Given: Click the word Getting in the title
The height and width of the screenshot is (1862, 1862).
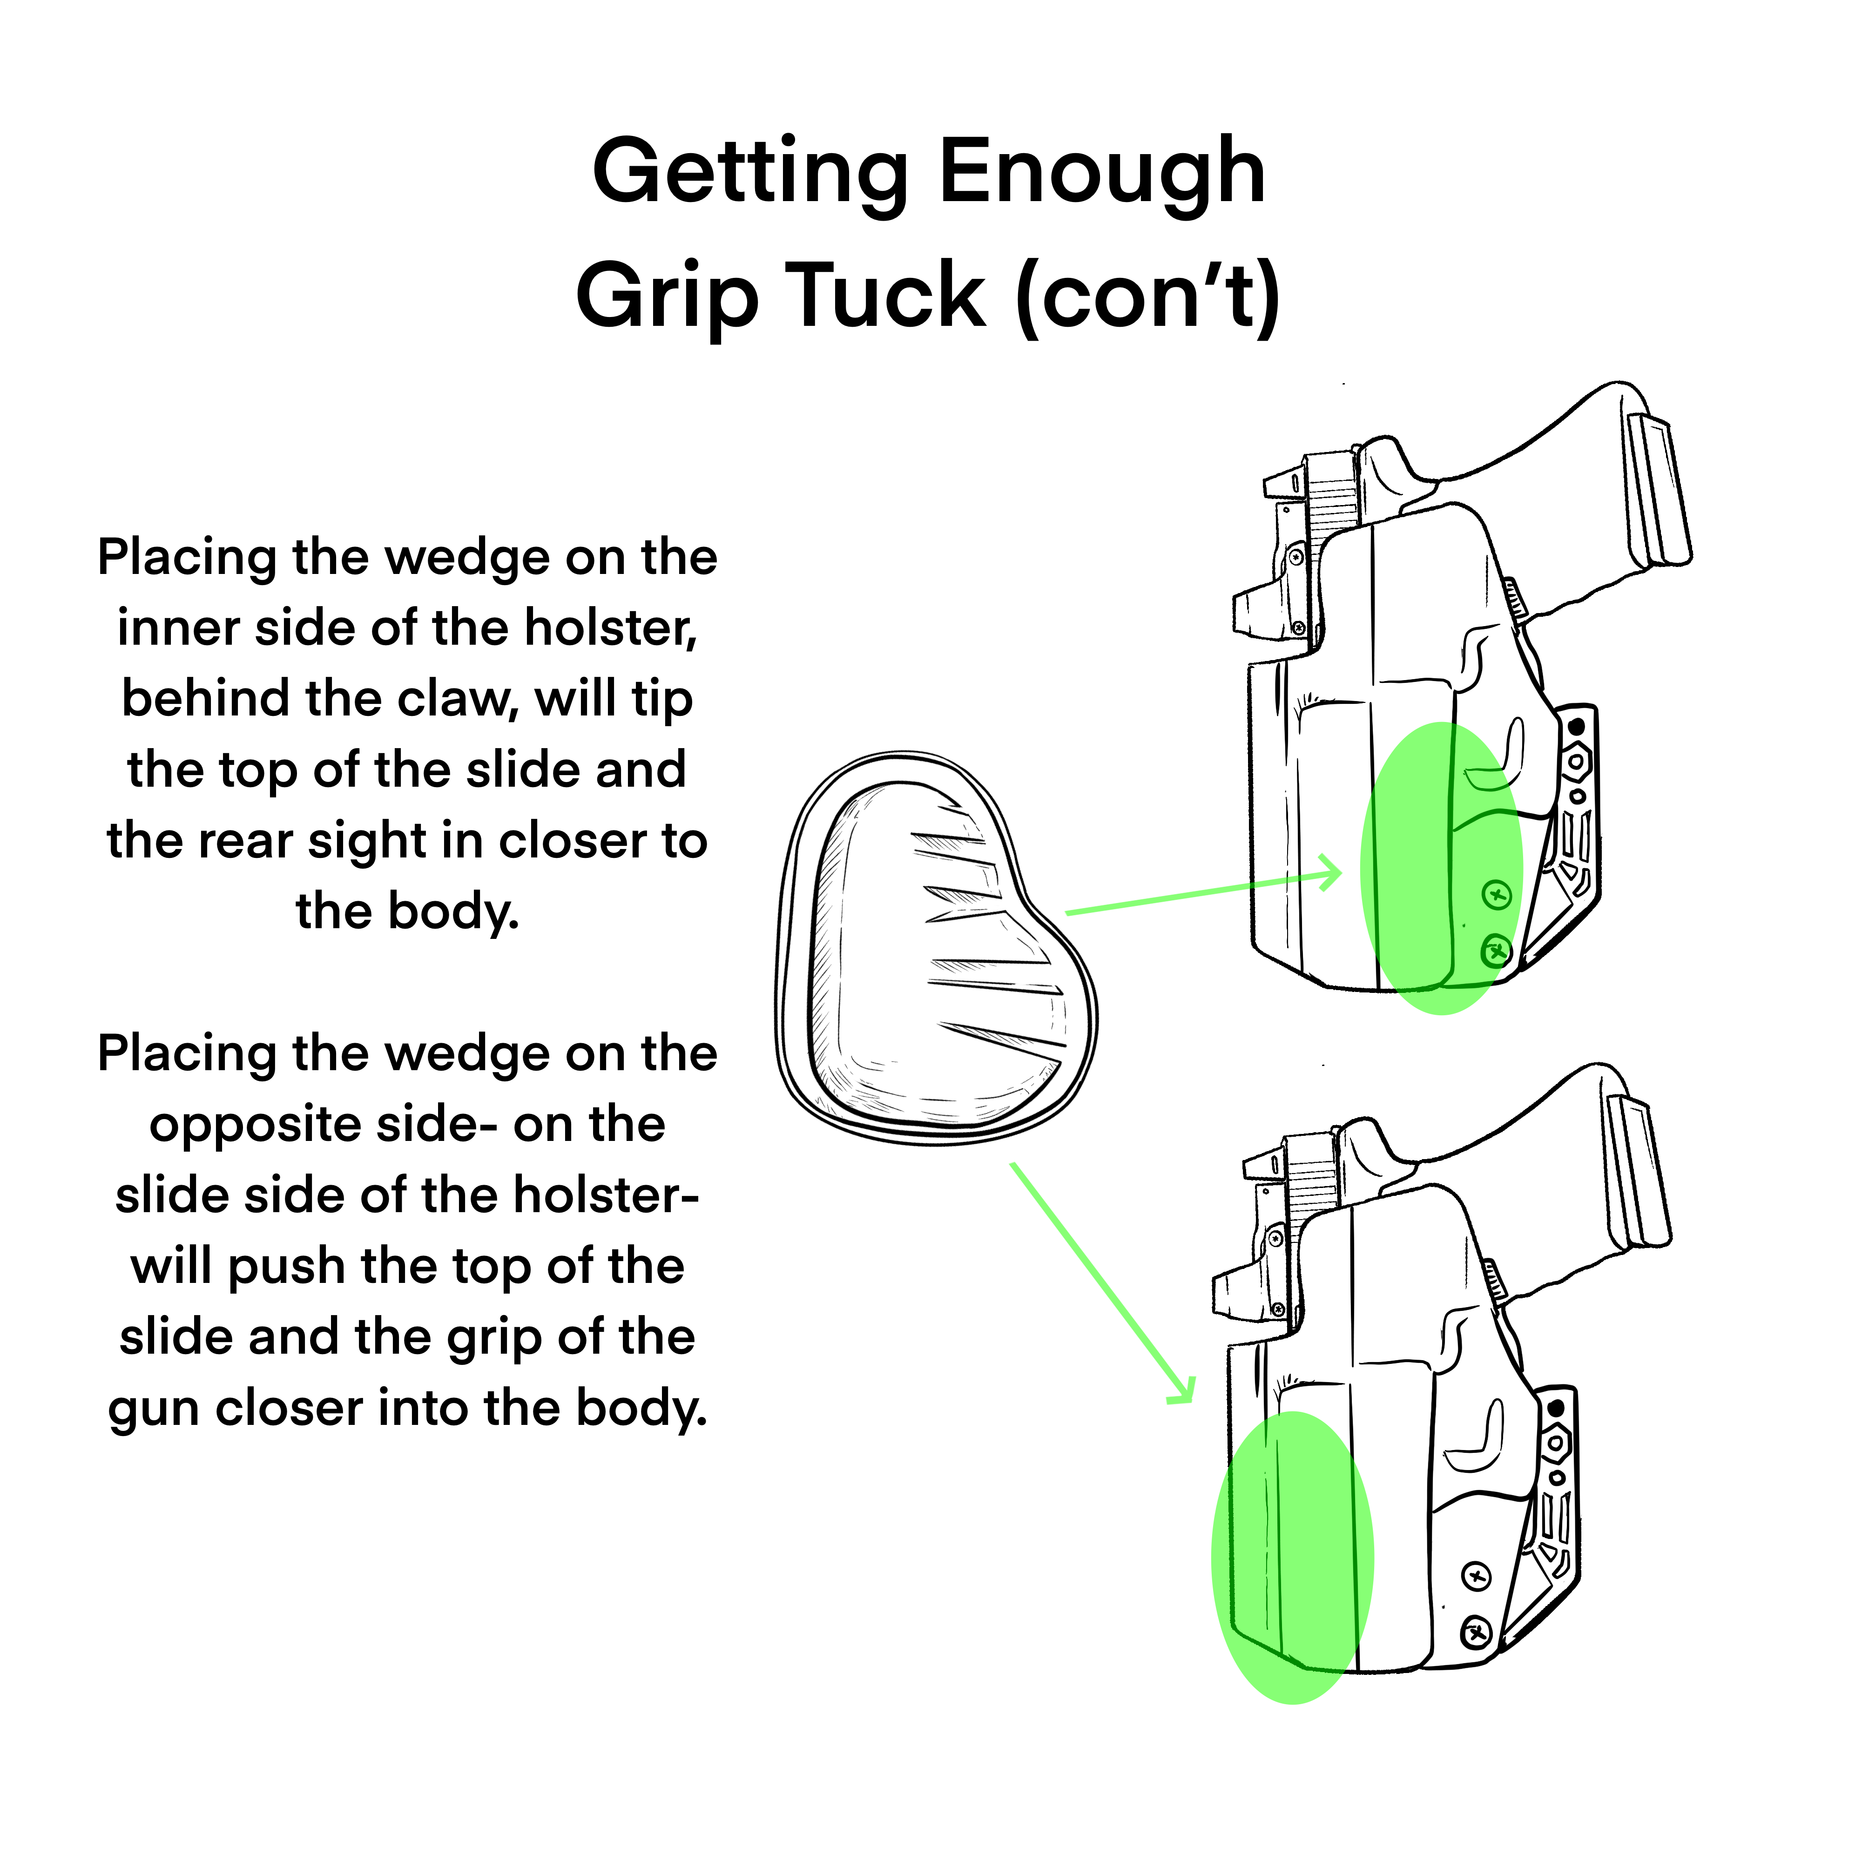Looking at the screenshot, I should tap(750, 174).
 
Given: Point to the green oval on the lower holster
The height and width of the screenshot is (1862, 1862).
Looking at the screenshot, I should tap(1291, 1557).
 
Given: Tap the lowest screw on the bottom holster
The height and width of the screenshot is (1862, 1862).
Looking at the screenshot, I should tap(1477, 1633).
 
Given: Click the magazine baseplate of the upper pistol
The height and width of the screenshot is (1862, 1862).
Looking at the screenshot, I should tap(1660, 492).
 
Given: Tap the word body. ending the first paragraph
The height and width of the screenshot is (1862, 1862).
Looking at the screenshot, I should tap(453, 911).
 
